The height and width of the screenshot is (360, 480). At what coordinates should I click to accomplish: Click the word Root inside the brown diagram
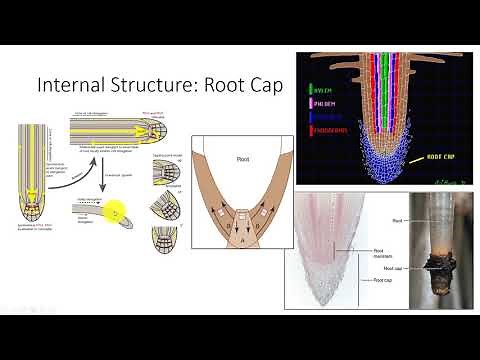pos(242,157)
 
